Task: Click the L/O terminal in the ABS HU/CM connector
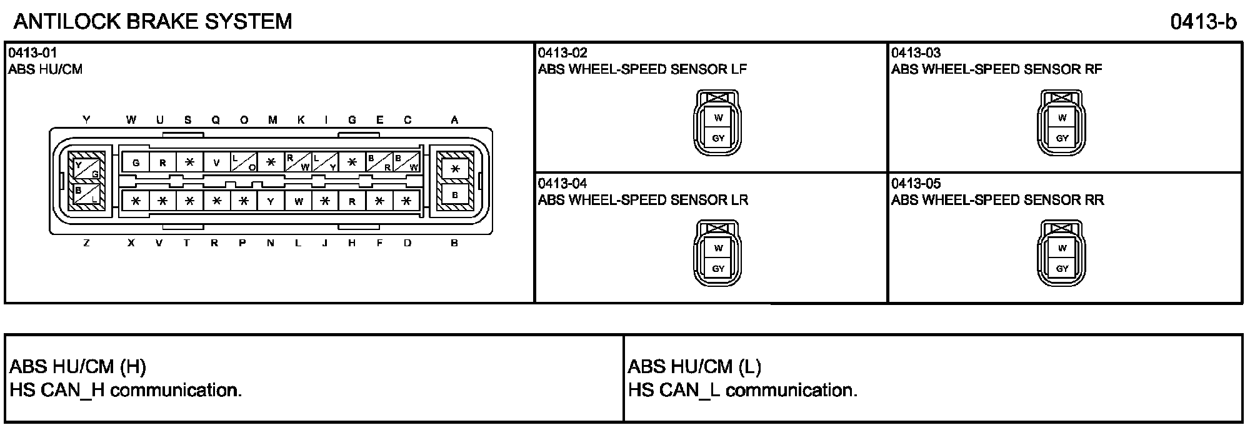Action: click(x=244, y=162)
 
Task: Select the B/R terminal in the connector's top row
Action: click(x=379, y=162)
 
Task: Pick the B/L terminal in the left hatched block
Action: click(x=86, y=194)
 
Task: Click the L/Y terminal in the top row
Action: click(x=325, y=162)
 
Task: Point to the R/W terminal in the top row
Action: click(x=298, y=162)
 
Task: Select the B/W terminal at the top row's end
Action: click(x=406, y=162)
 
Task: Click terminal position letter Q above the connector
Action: click(x=216, y=120)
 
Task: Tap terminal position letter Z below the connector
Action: click(x=86, y=243)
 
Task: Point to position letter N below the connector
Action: click(x=270, y=243)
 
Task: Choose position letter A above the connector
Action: click(x=454, y=120)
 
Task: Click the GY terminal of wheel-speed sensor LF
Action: click(x=718, y=138)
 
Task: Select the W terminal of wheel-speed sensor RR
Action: click(x=1062, y=248)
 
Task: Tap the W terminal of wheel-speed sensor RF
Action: click(x=1062, y=117)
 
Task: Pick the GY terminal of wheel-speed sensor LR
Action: click(x=718, y=269)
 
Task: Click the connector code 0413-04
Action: click(x=562, y=184)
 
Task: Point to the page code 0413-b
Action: click(x=1203, y=22)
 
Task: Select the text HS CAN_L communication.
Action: click(x=742, y=391)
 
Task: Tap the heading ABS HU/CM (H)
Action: click(x=78, y=367)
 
